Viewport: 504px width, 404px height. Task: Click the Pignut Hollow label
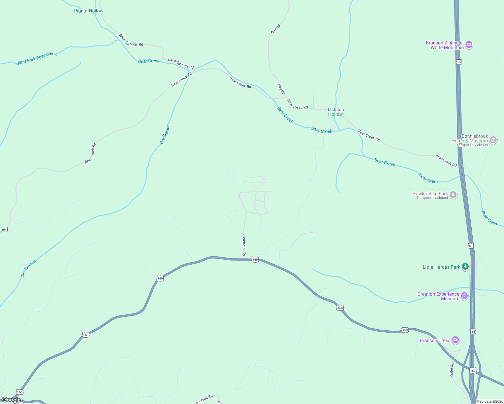[x=89, y=11]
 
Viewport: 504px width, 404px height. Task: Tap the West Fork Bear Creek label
[x=37, y=58]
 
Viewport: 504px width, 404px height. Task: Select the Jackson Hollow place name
[x=335, y=112]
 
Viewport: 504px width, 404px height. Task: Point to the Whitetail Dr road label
[x=244, y=246]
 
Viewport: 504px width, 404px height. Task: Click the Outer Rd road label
[x=452, y=369]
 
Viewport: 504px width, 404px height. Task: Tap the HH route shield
[x=4, y=230]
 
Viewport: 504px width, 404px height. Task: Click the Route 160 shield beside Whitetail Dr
[x=255, y=260]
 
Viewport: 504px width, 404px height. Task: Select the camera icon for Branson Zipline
[x=469, y=45]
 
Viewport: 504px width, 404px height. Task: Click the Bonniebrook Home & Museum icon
[x=493, y=140]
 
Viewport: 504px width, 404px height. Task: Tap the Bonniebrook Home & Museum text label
[x=470, y=139]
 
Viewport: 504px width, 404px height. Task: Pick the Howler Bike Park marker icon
[x=453, y=195]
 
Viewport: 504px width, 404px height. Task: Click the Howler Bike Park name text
[x=430, y=194]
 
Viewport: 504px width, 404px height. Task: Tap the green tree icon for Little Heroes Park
[x=465, y=267]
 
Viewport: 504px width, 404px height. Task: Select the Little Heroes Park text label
[x=441, y=267]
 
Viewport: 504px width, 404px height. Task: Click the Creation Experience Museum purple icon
[x=464, y=296]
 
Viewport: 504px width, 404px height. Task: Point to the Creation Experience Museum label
[x=438, y=296]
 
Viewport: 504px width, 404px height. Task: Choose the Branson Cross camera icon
[x=455, y=340]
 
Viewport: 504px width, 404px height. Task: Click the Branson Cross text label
[x=435, y=340]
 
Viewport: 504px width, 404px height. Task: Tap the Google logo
[x=11, y=400]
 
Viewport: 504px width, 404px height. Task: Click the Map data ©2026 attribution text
[x=489, y=401]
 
